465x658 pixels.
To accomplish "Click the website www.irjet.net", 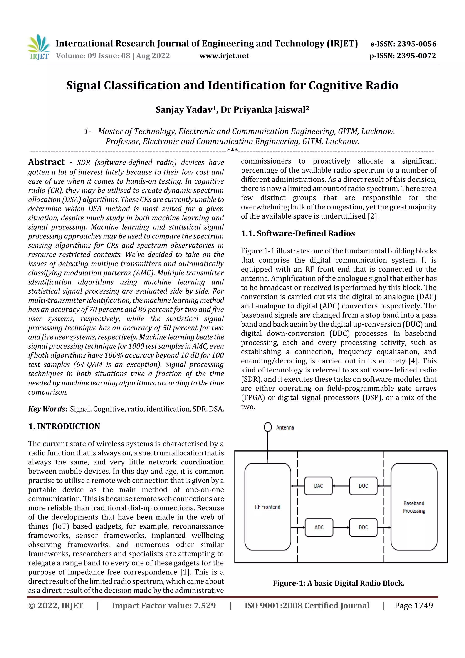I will tap(224, 56).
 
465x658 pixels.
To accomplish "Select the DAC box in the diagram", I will tap(318, 486).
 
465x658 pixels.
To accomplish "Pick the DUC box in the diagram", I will tap(363, 486).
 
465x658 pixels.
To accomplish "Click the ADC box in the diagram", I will tap(319, 527).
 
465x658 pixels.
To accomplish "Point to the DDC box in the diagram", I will tap(363, 527).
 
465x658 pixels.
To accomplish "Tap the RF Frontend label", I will tap(268, 507).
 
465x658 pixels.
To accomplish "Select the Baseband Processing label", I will tap(414, 507).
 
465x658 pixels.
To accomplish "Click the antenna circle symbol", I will tap(268, 427).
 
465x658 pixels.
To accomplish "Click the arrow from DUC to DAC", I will tap(341, 486).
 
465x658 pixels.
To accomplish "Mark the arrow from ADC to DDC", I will tap(341, 527).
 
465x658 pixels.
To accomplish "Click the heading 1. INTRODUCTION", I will tap(64, 426).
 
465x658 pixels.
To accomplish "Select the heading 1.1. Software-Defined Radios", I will tap(298, 233).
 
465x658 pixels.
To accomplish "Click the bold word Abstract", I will tap(46, 162).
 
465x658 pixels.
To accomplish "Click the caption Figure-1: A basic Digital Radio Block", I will tap(339, 583).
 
